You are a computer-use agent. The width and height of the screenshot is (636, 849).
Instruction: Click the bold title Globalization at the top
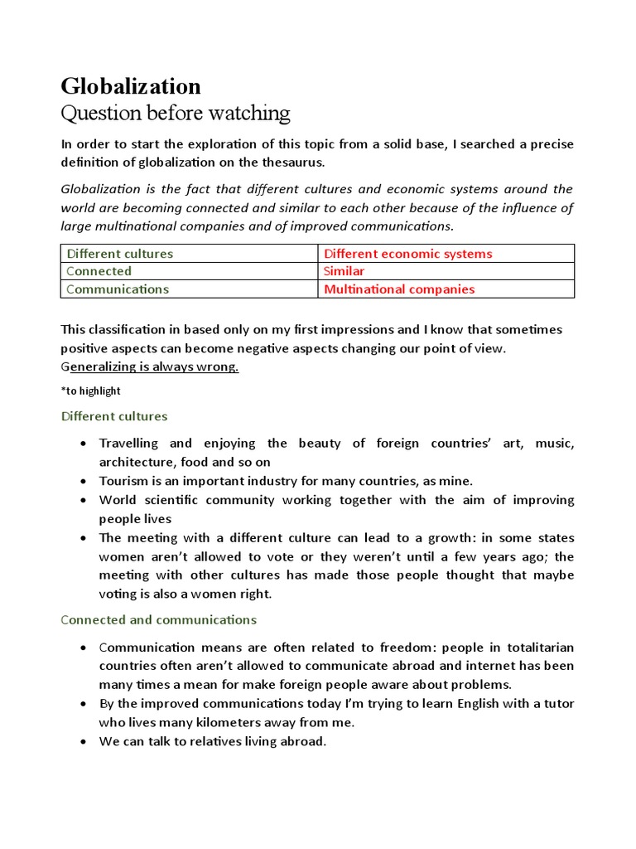[131, 86]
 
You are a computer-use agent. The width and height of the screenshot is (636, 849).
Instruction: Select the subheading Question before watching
[176, 113]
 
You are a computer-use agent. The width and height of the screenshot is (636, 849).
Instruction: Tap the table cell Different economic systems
[407, 254]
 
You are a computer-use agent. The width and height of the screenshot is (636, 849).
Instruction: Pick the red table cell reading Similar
[344, 271]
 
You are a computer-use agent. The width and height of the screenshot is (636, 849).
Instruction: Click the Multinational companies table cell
[399, 289]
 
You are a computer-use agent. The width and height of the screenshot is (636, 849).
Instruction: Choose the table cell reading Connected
[99, 271]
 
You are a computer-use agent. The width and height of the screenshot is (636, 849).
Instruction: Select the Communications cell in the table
[117, 289]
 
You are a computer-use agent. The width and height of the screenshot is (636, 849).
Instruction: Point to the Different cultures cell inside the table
[119, 254]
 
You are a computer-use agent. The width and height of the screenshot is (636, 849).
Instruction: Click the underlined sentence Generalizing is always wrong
[150, 367]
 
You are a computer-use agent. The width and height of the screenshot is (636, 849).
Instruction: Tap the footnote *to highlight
[91, 391]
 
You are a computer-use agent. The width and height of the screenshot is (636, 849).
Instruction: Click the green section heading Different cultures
[114, 416]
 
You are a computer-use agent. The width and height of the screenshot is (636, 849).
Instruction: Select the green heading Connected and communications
[159, 619]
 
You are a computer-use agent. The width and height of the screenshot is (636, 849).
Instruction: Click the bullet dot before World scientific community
[84, 500]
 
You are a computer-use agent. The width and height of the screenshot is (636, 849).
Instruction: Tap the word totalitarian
[540, 647]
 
